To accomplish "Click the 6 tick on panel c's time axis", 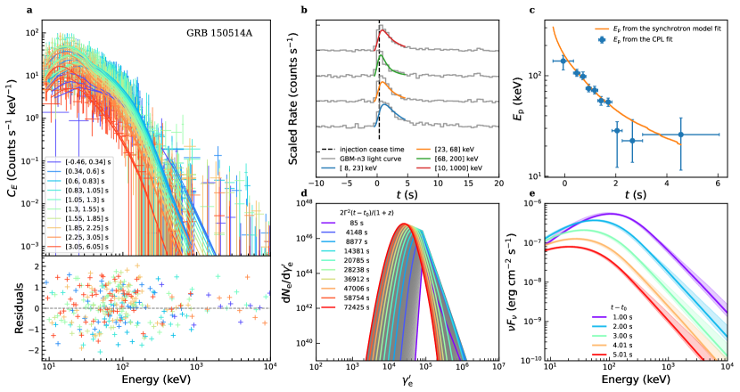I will pyautogui.click(x=719, y=183).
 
